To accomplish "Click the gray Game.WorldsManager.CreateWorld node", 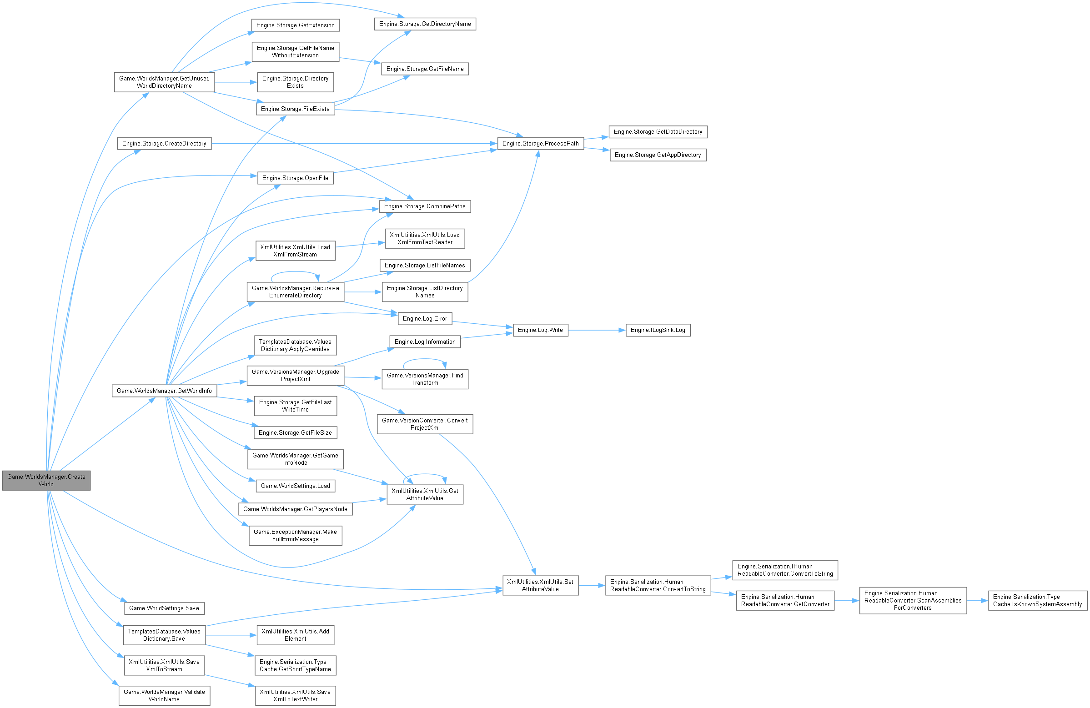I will [x=46, y=480].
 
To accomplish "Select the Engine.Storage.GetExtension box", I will [x=296, y=25].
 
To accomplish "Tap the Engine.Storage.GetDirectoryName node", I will [x=425, y=24].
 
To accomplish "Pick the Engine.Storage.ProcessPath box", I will [x=540, y=143].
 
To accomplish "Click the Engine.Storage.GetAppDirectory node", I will [x=658, y=155].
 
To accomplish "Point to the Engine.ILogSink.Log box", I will [x=658, y=330].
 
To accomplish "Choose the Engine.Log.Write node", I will [x=540, y=330].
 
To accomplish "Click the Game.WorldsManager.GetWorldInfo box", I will [x=165, y=391].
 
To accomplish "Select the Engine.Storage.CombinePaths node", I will [x=425, y=206].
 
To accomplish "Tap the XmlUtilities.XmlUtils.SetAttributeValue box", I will [x=540, y=585].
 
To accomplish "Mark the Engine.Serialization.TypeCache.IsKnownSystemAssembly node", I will [x=1037, y=600].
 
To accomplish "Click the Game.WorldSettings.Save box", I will [x=165, y=608].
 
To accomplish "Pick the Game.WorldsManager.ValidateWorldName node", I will [x=165, y=696].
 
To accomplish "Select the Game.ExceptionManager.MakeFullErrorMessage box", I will [x=296, y=535].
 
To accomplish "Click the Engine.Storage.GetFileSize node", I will [x=296, y=432].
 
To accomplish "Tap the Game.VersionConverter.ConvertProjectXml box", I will [x=425, y=424].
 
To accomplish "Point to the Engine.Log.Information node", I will [x=425, y=341].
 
